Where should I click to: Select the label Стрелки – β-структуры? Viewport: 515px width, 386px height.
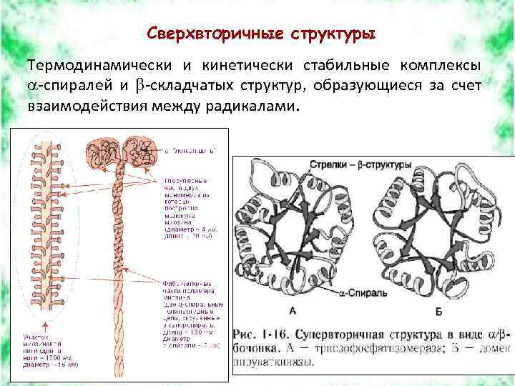360,164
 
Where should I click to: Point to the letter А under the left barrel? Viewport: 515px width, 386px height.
293,310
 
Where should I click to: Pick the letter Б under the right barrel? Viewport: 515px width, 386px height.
438,311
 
